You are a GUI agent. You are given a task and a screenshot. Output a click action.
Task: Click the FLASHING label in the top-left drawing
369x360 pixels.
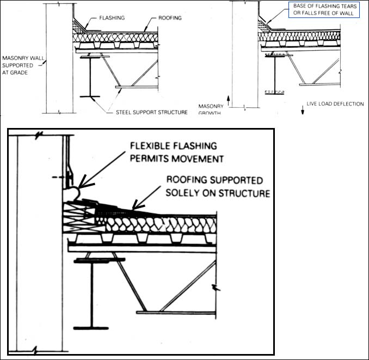click(x=111, y=18)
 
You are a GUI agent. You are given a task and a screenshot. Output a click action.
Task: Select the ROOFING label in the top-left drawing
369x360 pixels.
click(x=169, y=18)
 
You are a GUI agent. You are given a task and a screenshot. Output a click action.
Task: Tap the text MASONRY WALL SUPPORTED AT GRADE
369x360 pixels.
click(x=22, y=64)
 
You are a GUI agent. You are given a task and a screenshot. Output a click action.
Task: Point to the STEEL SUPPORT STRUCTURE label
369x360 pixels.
click(x=152, y=112)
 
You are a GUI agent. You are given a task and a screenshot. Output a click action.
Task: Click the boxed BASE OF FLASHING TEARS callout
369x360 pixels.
click(x=324, y=9)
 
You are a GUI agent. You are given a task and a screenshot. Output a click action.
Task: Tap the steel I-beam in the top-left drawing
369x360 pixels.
click(x=90, y=76)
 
